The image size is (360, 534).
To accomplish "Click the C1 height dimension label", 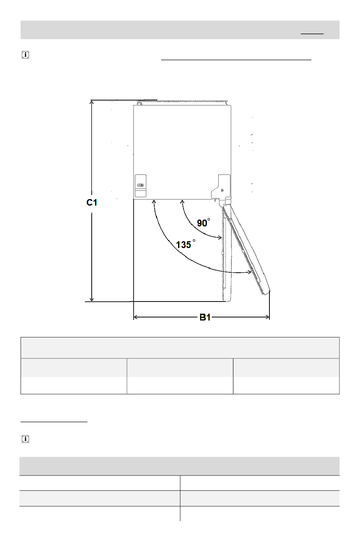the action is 92,203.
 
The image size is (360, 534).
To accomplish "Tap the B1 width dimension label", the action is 205,317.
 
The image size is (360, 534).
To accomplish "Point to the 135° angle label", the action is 186,244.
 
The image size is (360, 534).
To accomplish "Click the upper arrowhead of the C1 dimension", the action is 91,102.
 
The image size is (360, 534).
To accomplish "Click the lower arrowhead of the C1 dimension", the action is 92,299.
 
